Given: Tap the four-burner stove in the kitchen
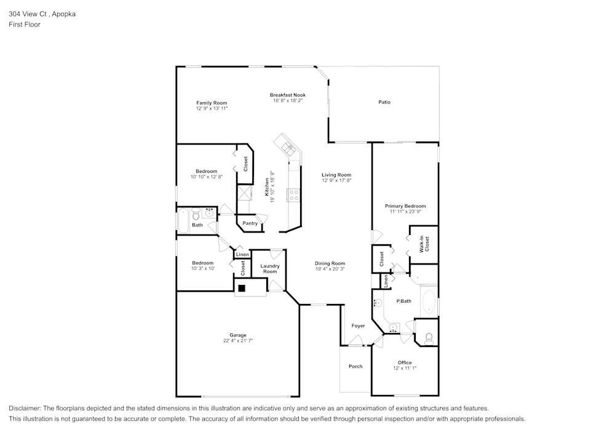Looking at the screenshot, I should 294,195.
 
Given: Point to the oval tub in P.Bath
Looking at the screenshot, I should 428,303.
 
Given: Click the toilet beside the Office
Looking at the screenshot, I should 429,337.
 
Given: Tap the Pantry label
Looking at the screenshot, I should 250,223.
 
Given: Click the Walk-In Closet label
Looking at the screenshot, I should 424,244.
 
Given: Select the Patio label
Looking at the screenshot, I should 384,102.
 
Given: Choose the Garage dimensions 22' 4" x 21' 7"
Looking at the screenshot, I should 238,340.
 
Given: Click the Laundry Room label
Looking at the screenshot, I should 270,269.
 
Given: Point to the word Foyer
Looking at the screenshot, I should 358,325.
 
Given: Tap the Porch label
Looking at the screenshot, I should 355,366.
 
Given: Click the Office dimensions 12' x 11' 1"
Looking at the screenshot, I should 405,368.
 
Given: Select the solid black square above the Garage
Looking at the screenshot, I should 242,288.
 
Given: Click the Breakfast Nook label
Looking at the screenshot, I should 288,95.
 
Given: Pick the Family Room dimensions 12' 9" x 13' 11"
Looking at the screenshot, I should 212,108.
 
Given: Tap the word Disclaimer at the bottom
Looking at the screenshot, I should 25,408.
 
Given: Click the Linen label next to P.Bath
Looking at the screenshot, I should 386,281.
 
